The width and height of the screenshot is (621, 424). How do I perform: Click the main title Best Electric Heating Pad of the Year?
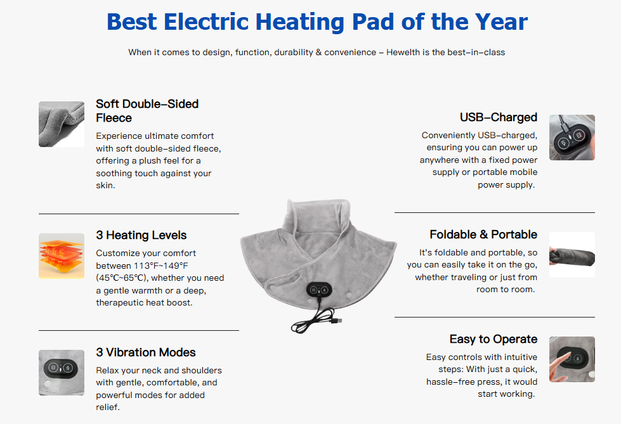click(x=317, y=22)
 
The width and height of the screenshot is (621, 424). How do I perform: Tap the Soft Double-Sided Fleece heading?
click(x=147, y=110)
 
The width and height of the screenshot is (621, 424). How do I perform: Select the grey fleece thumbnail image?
click(x=62, y=124)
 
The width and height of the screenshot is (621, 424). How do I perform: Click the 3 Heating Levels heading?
click(x=141, y=235)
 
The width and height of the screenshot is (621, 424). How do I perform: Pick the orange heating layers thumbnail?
click(x=62, y=255)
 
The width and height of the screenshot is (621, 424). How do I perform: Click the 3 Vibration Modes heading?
click(x=146, y=352)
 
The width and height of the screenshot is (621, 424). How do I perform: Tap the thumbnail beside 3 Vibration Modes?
click(x=62, y=373)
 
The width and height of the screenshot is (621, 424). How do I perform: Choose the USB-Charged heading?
click(x=499, y=117)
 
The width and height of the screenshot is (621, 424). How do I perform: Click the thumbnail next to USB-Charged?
click(x=572, y=137)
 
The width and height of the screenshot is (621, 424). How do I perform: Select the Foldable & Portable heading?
click(x=483, y=234)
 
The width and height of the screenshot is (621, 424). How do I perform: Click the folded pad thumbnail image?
click(x=572, y=255)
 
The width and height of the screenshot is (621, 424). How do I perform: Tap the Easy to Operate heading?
click(x=494, y=339)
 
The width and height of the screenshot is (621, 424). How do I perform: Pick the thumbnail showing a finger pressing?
click(x=572, y=359)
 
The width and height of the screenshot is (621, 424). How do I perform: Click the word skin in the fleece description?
click(x=105, y=185)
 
